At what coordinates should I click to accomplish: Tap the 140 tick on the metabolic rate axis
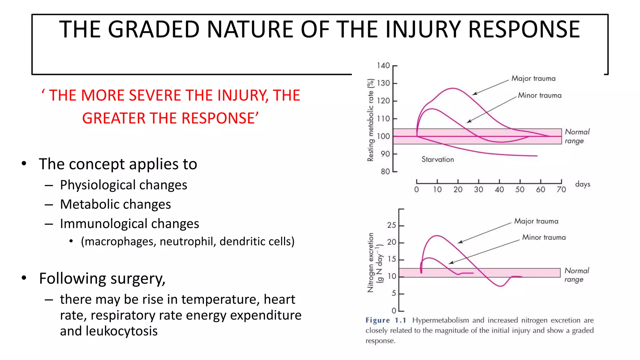383,66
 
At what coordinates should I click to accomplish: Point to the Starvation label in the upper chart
437,159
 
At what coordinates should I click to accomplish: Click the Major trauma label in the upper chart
533,78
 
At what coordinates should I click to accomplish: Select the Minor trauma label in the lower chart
544,237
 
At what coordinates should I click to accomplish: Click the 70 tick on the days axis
561,189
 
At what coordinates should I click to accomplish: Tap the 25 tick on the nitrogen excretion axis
392,225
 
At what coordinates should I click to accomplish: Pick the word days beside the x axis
582,184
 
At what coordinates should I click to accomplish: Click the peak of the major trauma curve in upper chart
452,88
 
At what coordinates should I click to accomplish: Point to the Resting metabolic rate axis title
370,120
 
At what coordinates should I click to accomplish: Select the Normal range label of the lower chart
576,275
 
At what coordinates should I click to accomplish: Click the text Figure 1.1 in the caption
386,320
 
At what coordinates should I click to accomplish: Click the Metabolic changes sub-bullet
115,204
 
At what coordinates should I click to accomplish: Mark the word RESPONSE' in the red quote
221,118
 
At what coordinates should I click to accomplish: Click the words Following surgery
102,278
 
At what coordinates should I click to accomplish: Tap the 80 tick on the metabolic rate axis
385,172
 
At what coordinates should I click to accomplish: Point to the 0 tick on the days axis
416,189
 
